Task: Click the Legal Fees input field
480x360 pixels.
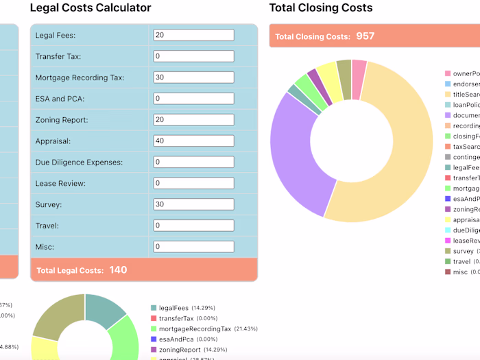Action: pos(193,35)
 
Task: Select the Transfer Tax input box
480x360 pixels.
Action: pos(193,56)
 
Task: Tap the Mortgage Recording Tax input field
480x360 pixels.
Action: pos(193,77)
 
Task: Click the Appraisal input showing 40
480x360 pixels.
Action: pos(193,141)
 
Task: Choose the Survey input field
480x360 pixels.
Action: pos(193,204)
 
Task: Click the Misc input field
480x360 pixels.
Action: pos(193,246)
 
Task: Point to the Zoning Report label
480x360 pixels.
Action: pos(61,120)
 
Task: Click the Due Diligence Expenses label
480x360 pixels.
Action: pos(79,163)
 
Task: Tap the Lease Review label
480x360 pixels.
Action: pos(60,184)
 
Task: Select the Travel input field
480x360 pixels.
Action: pos(193,226)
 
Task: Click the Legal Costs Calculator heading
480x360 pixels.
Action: pos(91,8)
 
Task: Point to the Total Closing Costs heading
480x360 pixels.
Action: pos(321,8)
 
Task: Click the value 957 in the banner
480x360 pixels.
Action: pos(365,36)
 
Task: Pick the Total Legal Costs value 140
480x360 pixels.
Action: pos(118,270)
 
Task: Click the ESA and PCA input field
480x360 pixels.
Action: pos(193,99)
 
